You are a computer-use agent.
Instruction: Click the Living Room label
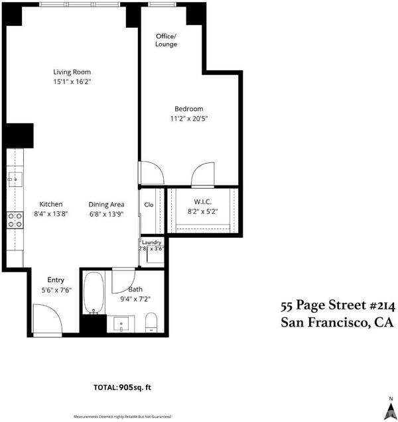click(72, 72)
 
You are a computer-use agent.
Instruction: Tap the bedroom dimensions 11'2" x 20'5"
click(189, 119)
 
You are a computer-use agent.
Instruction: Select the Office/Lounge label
click(166, 40)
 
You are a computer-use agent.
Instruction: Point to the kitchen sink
click(15, 180)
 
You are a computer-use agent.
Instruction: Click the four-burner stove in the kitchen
click(15, 220)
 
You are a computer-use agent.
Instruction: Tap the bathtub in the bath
click(94, 293)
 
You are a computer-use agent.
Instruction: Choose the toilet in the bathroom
click(151, 322)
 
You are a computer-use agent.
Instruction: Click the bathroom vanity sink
click(121, 323)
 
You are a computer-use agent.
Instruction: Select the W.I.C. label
click(202, 202)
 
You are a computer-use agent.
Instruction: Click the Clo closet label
click(149, 205)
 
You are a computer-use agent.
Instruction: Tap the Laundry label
click(151, 242)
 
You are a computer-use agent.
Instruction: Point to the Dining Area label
click(106, 205)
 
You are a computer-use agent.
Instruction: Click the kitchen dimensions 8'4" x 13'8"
click(50, 214)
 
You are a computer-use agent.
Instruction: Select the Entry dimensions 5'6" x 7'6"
click(56, 290)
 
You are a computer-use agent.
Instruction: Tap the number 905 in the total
click(126, 388)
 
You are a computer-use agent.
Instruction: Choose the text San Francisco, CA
click(337, 323)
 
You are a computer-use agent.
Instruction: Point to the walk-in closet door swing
click(202, 174)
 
